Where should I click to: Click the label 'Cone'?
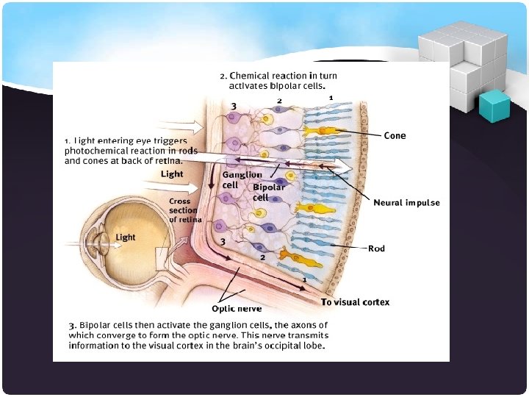(x=395, y=135)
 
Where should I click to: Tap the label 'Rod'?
(x=376, y=248)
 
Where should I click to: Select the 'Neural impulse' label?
(x=406, y=203)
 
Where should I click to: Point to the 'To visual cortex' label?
(x=355, y=302)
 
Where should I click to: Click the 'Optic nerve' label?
(x=237, y=309)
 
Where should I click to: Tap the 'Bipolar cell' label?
(x=269, y=192)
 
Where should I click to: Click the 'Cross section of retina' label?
(x=184, y=210)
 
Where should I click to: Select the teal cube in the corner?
(x=494, y=105)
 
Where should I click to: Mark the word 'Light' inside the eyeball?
(x=126, y=237)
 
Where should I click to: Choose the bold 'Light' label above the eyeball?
(x=172, y=174)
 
